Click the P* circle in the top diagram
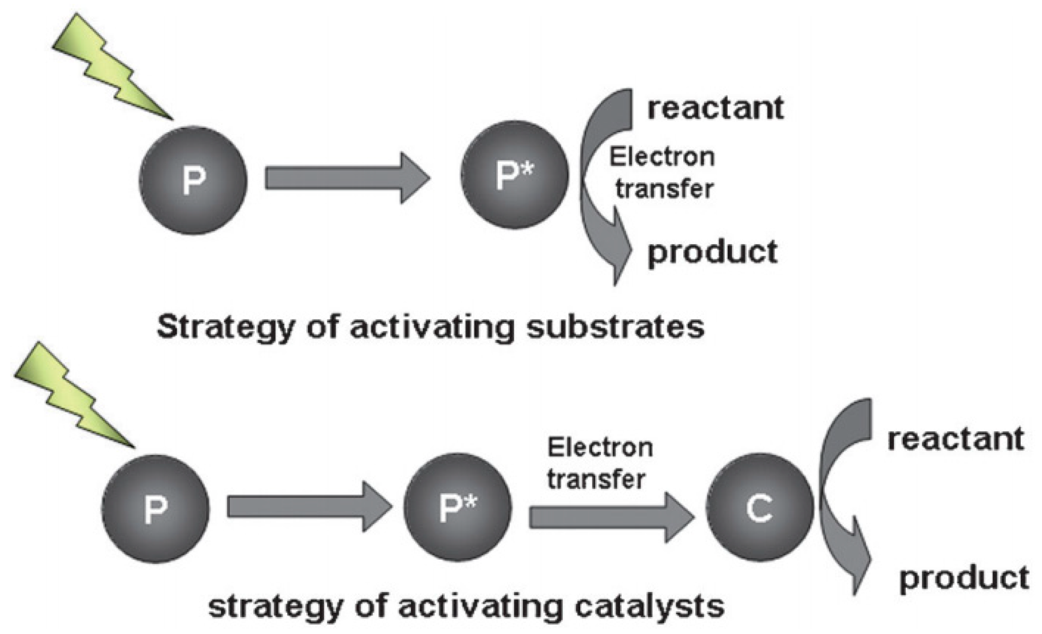(x=514, y=175)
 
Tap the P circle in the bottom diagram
(x=155, y=508)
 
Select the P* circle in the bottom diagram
(x=457, y=506)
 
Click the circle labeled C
(x=759, y=507)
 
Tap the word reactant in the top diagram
(x=715, y=108)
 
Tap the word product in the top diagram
(x=712, y=252)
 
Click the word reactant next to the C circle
(x=955, y=440)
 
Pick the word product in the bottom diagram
(x=964, y=578)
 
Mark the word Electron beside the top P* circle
(x=662, y=157)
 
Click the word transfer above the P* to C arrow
(x=596, y=479)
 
